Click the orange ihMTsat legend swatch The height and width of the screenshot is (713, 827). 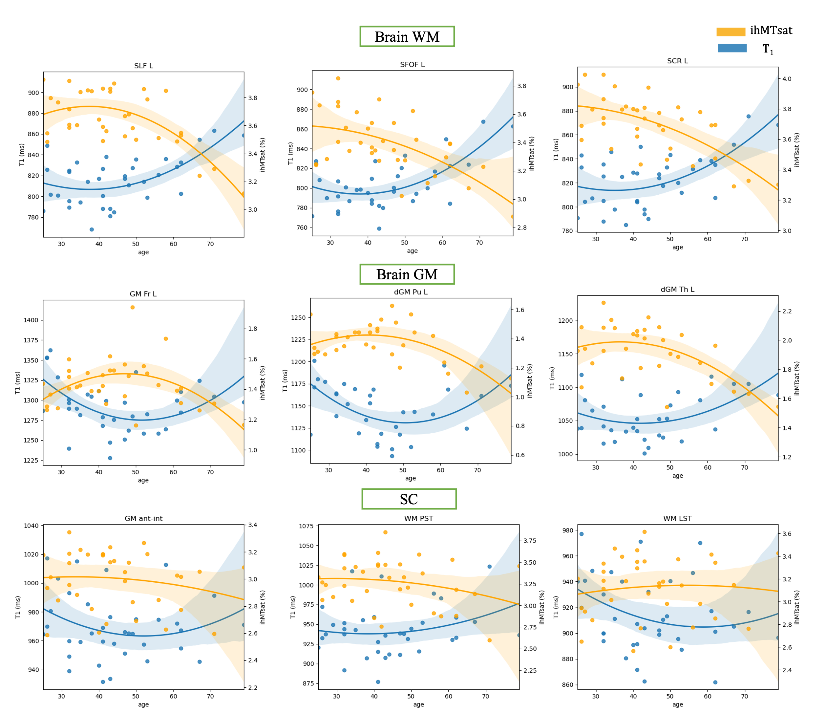point(731,32)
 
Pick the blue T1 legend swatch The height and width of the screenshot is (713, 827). point(732,48)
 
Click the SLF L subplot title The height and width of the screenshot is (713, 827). point(143,66)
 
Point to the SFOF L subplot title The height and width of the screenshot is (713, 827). point(412,65)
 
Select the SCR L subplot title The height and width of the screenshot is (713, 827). point(677,61)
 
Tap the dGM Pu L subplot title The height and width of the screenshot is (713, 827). point(410,292)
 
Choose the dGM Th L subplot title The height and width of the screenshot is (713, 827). point(677,290)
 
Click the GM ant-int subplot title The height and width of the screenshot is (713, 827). point(143,519)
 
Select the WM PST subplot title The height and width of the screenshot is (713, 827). point(418,519)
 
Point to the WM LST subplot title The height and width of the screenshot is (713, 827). point(677,519)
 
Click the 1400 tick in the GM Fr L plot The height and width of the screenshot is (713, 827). point(31,320)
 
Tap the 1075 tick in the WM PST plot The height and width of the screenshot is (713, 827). point(307,526)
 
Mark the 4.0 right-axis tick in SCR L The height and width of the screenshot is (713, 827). point(787,79)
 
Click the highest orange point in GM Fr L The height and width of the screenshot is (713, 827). point(133,307)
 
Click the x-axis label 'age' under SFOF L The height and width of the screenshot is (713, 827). point(412,251)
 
